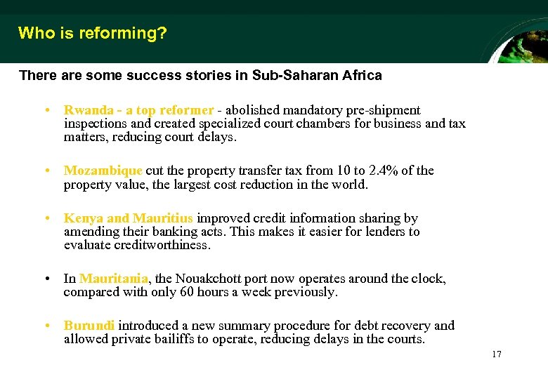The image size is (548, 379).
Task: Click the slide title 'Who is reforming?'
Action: pyautogui.click(x=93, y=33)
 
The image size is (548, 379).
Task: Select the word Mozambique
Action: pyautogui.click(x=103, y=171)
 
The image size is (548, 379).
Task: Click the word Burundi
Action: pyautogui.click(x=89, y=326)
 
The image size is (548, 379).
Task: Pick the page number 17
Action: pyautogui.click(x=497, y=354)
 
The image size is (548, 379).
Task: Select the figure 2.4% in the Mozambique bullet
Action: pyautogui.click(x=384, y=171)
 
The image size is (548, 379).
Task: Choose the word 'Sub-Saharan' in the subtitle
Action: pyautogui.click(x=293, y=75)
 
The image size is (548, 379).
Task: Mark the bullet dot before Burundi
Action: pyautogui.click(x=46, y=326)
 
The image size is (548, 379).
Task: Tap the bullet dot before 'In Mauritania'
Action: pyautogui.click(x=46, y=279)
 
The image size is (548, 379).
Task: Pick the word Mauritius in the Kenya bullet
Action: pyautogui.click(x=164, y=218)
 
